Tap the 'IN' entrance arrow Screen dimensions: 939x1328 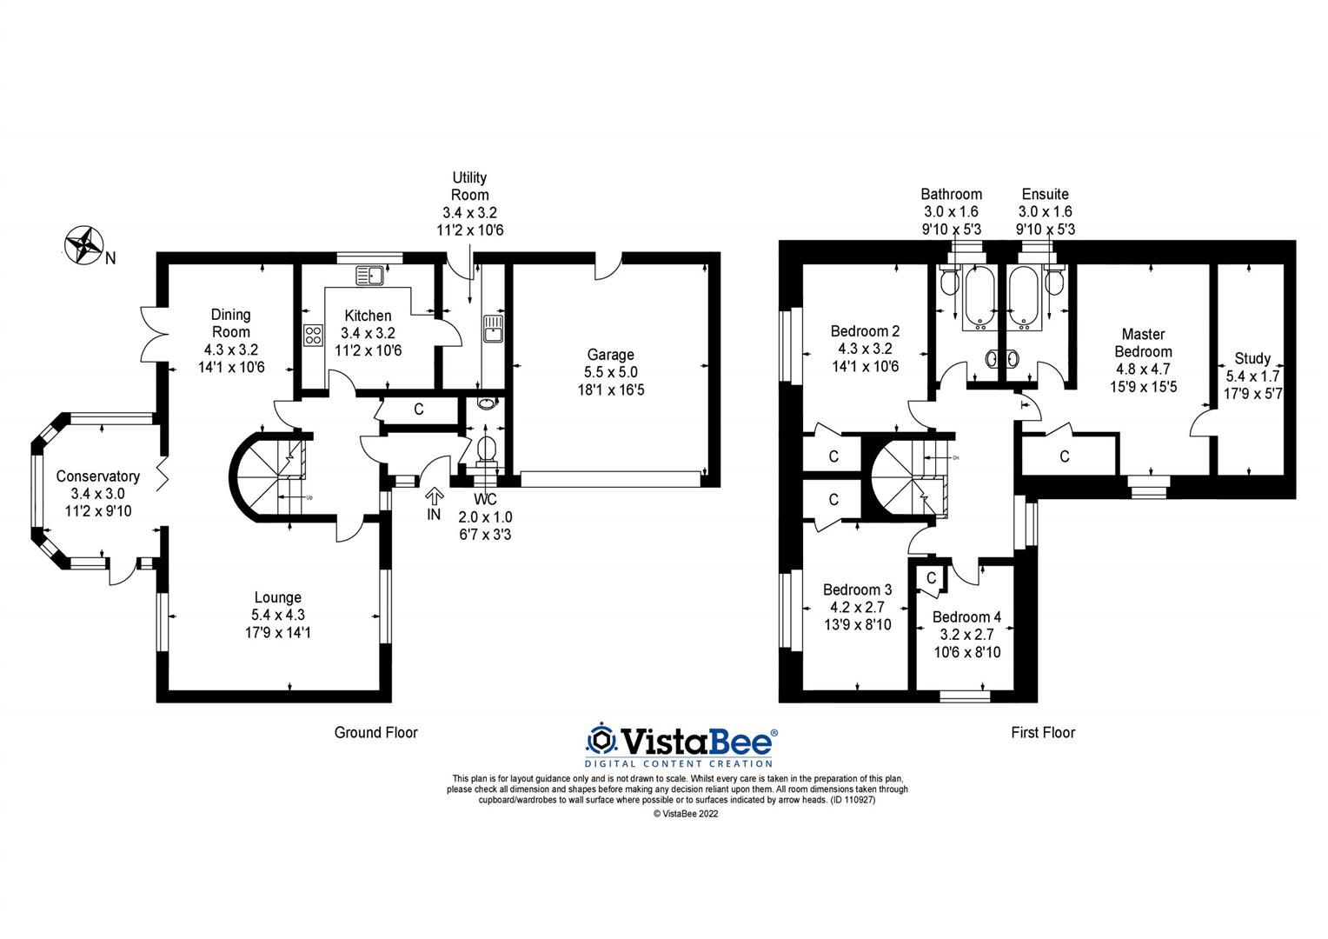435,496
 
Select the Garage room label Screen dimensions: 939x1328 610,355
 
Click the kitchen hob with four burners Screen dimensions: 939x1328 314,335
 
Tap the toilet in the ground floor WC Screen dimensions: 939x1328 487,450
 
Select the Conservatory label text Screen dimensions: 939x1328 98,476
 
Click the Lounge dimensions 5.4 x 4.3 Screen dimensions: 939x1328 278,616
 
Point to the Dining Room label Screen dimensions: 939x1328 231,323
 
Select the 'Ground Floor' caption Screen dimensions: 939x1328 375,733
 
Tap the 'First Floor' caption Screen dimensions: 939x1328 1043,733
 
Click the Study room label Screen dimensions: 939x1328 1252,358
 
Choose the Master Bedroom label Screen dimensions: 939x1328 1143,343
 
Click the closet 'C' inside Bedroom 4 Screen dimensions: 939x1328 931,578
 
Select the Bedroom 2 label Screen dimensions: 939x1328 865,331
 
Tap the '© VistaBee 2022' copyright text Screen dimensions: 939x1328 686,815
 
